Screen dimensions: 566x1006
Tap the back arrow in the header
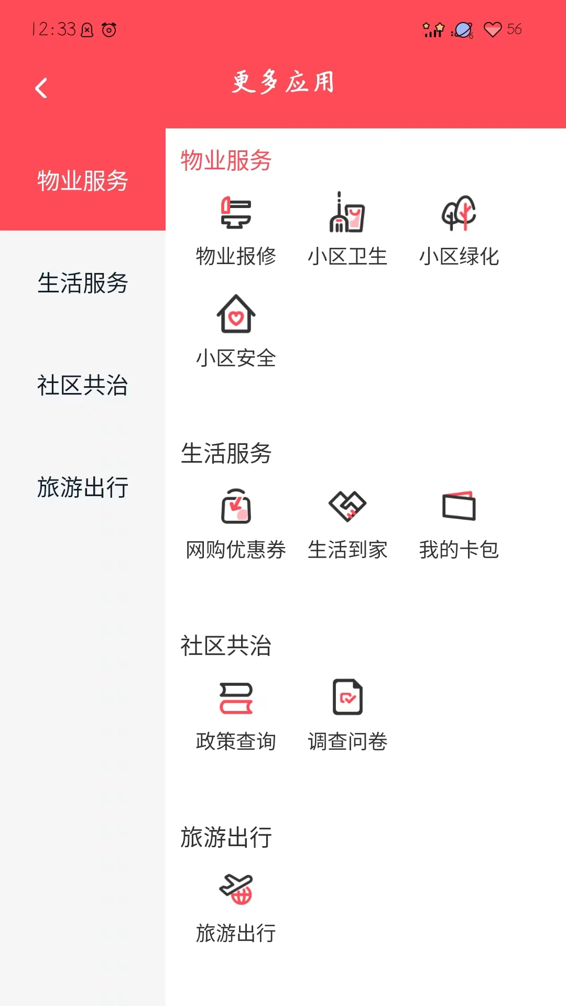point(41,88)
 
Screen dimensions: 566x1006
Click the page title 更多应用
point(283,82)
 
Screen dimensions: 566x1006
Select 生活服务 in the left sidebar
point(83,283)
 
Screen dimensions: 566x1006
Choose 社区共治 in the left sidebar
point(83,385)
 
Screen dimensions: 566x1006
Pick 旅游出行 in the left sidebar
point(83,487)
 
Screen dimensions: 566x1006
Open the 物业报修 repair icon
point(236,213)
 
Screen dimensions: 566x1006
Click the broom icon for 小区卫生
point(347,212)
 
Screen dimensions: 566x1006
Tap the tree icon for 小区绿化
point(459,213)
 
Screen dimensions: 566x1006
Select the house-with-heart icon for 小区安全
point(236,314)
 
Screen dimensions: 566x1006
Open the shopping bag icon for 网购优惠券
point(236,506)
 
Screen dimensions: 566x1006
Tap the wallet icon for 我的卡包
point(459,506)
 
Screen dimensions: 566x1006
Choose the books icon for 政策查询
point(236,698)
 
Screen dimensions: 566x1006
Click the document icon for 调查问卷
point(347,697)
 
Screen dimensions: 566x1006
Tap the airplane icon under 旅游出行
point(236,889)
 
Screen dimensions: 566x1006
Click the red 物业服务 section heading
point(226,160)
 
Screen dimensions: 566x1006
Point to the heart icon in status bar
point(493,29)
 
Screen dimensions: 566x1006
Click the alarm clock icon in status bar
point(109,30)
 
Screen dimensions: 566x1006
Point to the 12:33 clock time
point(54,29)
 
